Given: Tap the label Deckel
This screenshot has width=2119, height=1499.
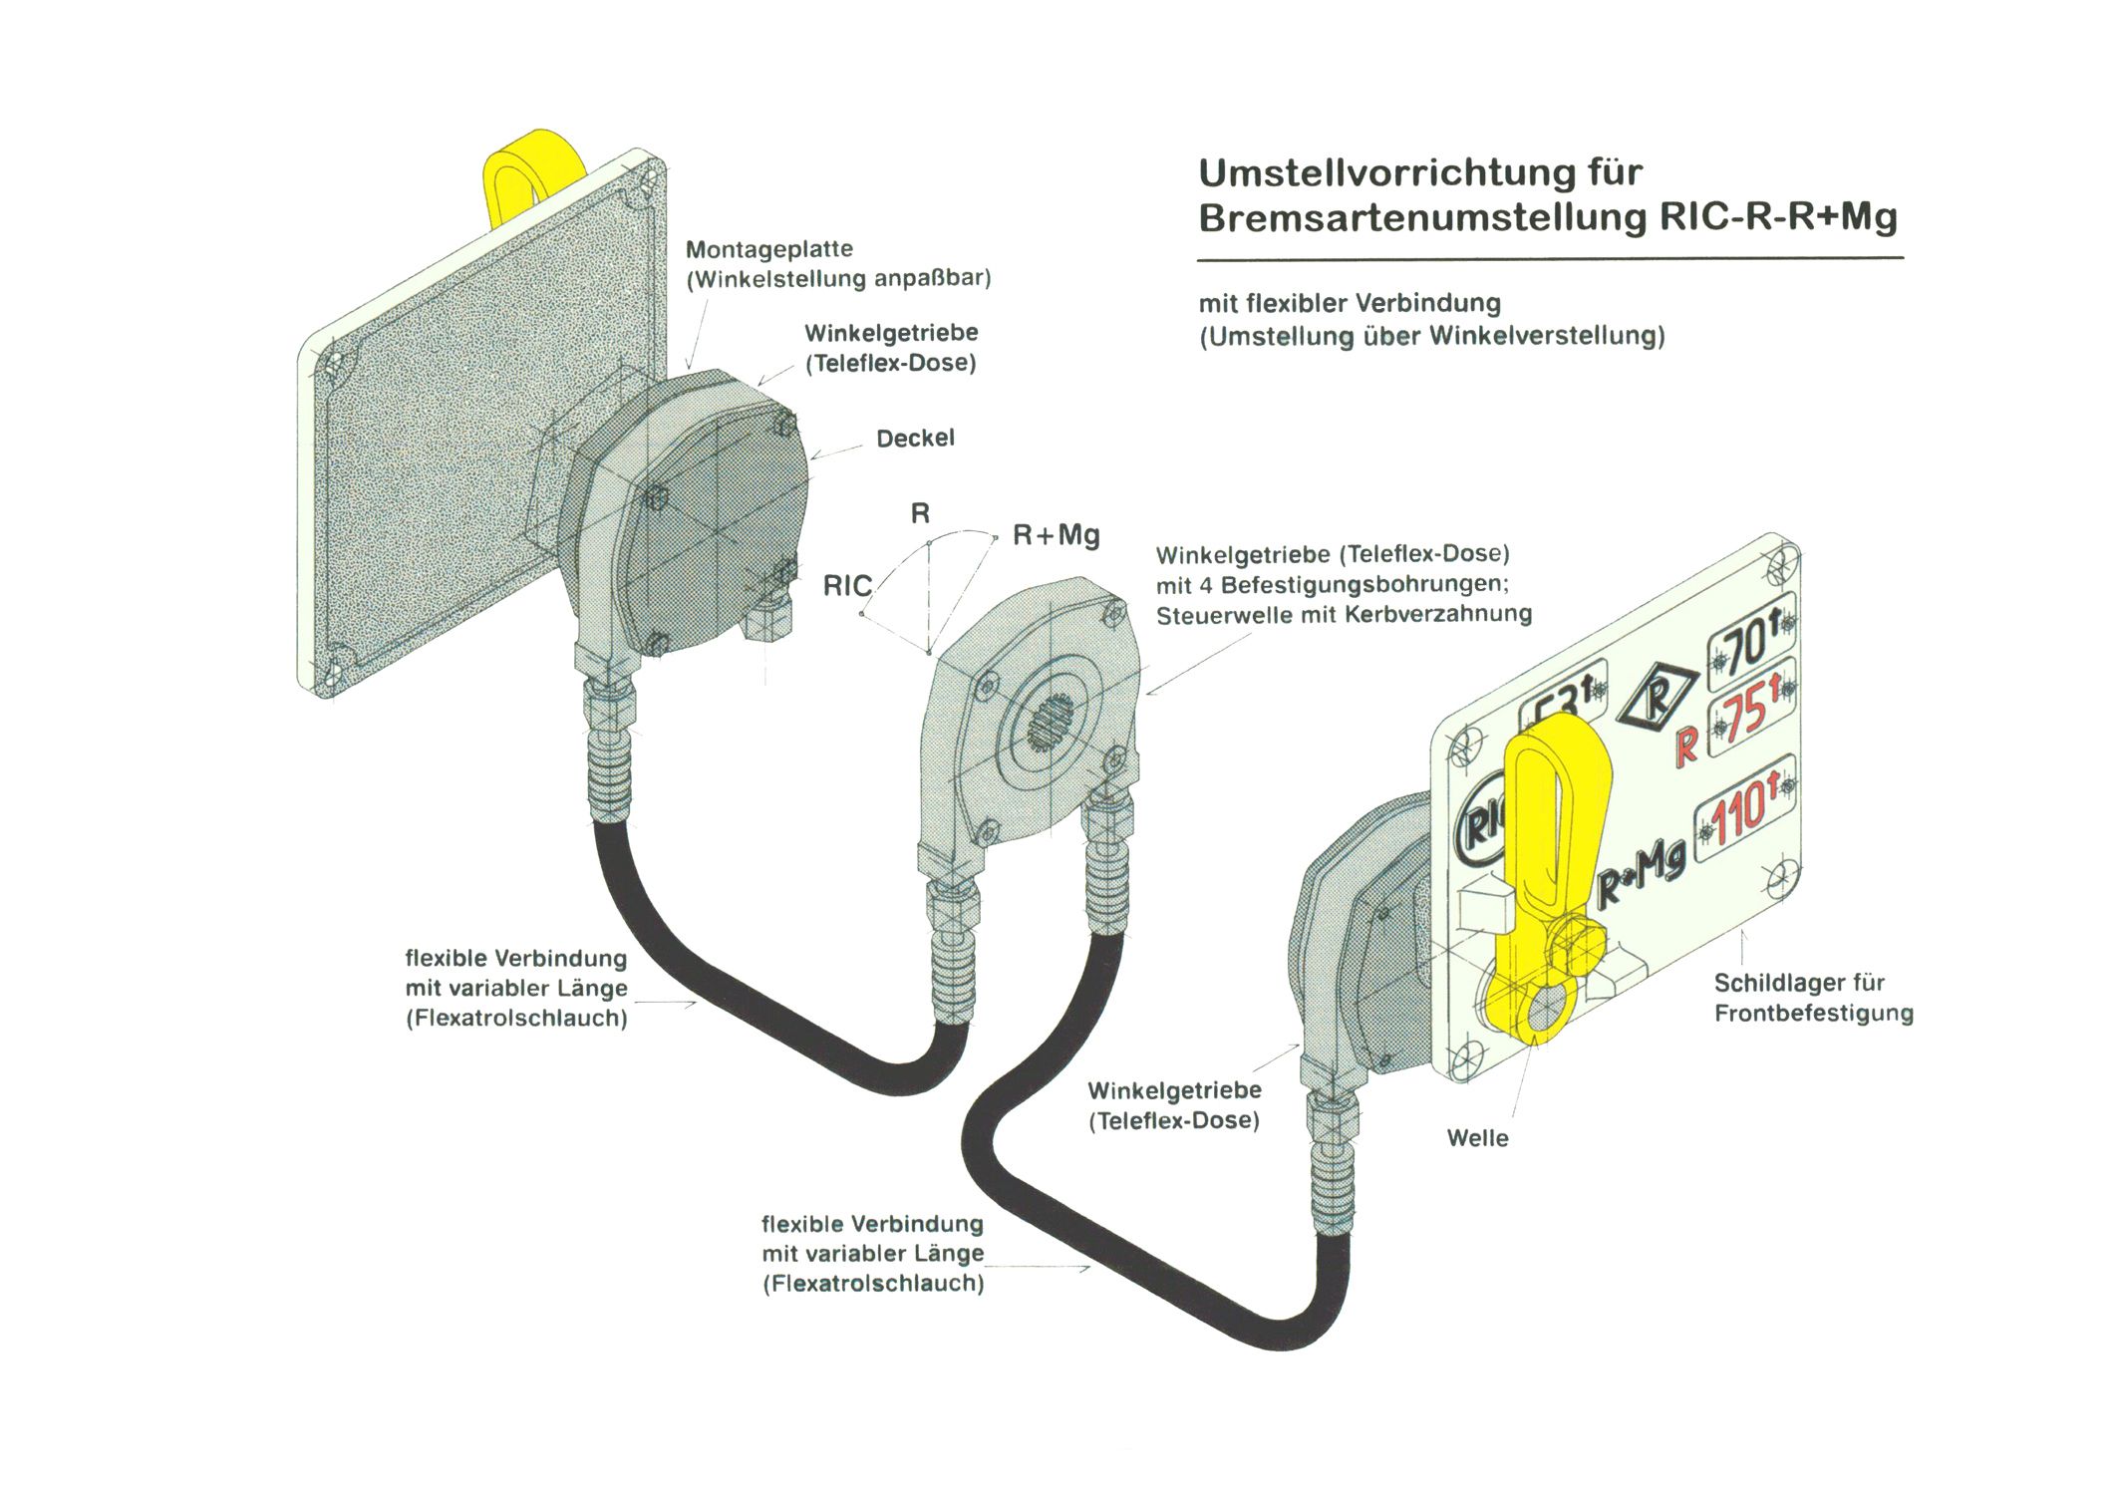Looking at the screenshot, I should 915,439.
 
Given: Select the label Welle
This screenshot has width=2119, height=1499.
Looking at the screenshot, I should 1477,1138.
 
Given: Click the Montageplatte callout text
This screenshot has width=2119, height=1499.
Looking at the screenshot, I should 768,249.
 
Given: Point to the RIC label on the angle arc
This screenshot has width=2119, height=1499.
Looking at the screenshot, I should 847,586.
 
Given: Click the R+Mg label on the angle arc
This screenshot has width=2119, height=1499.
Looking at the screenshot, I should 1056,535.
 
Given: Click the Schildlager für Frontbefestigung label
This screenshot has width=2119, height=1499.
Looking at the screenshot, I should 1813,998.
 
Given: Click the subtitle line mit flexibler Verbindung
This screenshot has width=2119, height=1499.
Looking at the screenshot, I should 1350,303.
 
